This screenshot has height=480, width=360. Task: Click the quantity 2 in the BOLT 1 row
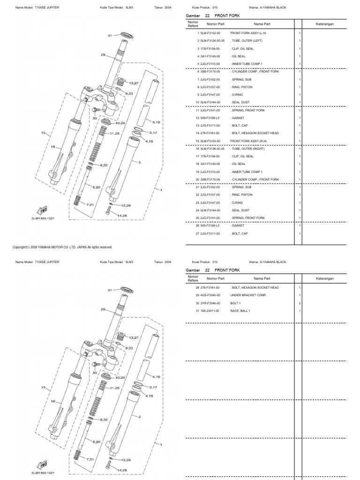300,303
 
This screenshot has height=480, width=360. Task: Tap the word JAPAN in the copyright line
82,247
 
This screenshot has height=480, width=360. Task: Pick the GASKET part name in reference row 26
238,225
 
